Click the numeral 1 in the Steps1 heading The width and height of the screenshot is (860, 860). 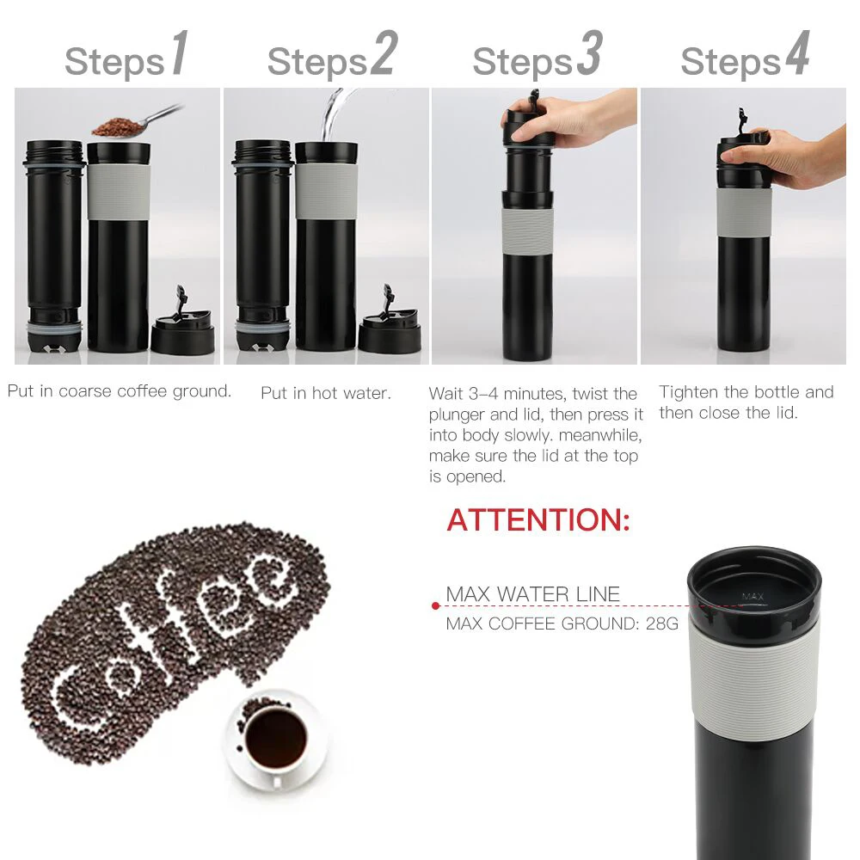tap(178, 54)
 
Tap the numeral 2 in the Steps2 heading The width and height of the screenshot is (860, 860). tap(383, 54)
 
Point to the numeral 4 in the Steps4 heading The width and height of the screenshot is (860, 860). tap(796, 54)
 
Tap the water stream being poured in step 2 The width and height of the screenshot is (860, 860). tap(331, 116)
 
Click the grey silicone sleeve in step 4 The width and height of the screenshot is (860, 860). tap(744, 212)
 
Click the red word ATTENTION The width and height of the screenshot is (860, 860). tap(538, 520)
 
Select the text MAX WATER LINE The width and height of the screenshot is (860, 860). tap(532, 594)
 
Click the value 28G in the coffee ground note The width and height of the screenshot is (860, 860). tap(661, 623)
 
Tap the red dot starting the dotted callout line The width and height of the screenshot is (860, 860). tap(436, 606)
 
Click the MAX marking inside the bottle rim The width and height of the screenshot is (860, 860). tap(752, 596)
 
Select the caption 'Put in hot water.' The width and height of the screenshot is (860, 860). tap(326, 393)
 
